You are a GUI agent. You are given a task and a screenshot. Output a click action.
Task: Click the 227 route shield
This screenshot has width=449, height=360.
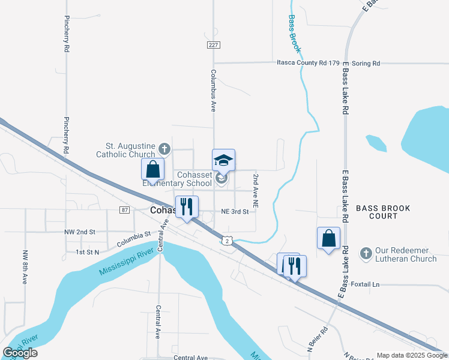tap(214, 45)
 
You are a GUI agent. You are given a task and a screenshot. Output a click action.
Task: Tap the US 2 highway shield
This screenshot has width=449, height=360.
tap(226, 239)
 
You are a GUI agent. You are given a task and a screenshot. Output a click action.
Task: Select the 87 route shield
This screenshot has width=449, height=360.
tap(124, 209)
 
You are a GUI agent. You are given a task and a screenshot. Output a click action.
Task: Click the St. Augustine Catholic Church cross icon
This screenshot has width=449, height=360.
tap(164, 148)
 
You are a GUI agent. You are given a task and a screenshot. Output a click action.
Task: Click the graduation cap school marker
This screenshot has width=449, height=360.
tap(223, 161)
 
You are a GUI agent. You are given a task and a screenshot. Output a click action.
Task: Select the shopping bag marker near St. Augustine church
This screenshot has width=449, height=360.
tap(152, 169)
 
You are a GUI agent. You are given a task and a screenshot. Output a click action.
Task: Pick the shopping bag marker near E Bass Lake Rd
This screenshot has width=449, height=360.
tap(328, 238)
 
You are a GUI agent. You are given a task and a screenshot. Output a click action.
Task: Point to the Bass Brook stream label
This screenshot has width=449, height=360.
tap(294, 34)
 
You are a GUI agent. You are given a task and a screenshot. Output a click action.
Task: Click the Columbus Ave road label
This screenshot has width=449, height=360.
tap(213, 90)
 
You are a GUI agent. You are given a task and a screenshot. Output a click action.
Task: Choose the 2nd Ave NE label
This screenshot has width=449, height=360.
tap(255, 191)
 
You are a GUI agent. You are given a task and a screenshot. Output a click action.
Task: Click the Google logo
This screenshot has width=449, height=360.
tap(20, 353)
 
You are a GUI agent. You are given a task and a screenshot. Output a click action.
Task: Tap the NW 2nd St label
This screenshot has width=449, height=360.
tap(80, 232)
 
